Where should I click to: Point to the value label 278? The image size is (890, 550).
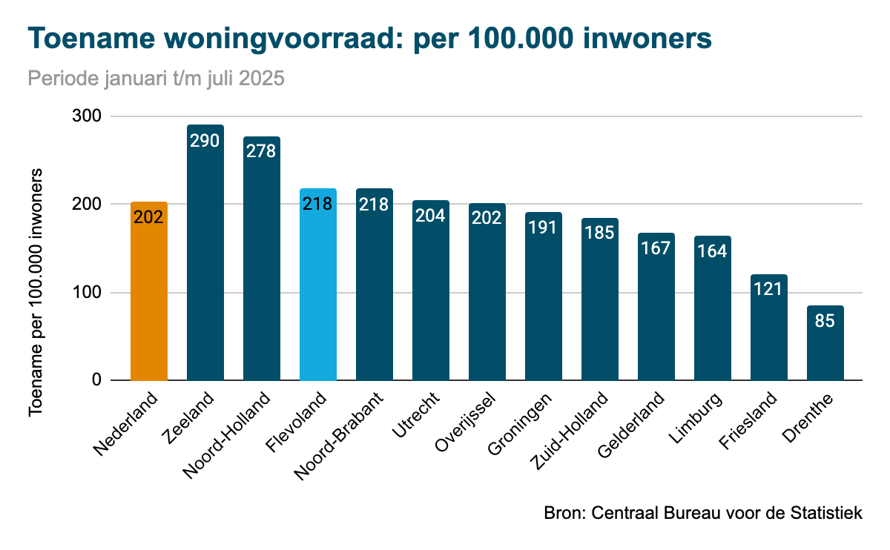tap(262, 150)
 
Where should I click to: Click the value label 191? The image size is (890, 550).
tap(544, 226)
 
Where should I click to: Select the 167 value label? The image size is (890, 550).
tap(656, 247)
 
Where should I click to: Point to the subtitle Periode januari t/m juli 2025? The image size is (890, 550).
tap(156, 79)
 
